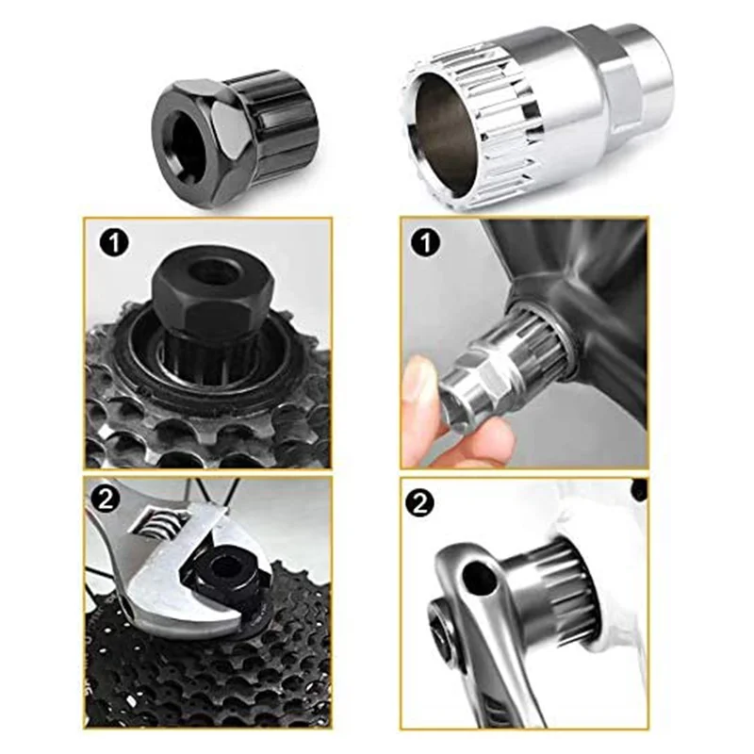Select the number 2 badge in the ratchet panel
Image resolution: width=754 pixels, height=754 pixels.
click(x=420, y=504)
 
